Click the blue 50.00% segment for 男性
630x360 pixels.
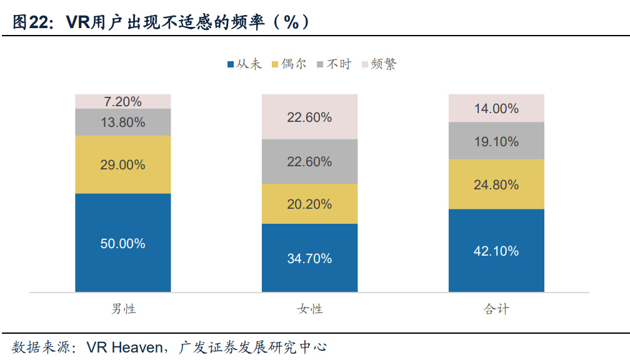(x=123, y=242)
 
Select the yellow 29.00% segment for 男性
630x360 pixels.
(x=123, y=164)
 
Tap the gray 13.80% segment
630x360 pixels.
(x=123, y=122)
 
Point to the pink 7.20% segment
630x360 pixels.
(x=123, y=101)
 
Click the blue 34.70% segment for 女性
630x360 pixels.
(x=309, y=257)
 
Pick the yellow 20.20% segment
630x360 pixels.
(x=309, y=204)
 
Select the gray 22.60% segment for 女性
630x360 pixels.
(x=309, y=161)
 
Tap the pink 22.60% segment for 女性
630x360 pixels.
(x=309, y=117)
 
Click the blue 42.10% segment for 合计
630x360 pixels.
(x=496, y=251)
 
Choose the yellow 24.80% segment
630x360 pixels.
(x=496, y=184)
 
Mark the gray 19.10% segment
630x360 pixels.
(x=496, y=141)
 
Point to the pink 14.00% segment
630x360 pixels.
(x=496, y=108)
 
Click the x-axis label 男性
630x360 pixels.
(x=123, y=309)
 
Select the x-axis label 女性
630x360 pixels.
(x=309, y=309)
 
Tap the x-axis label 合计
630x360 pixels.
(x=496, y=309)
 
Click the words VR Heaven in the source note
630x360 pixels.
(x=124, y=347)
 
